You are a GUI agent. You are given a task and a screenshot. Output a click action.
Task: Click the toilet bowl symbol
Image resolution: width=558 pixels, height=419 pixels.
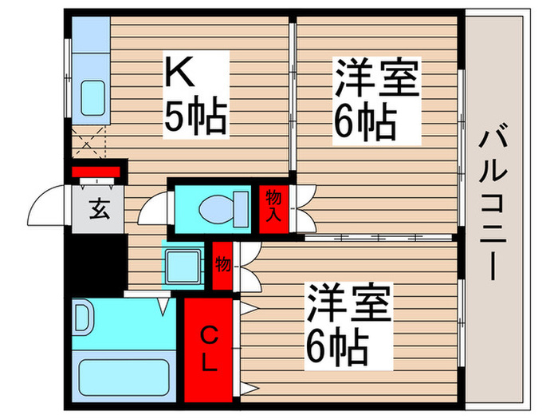[220, 209]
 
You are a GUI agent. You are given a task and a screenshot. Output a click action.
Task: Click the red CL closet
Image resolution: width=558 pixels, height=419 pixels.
[208, 349]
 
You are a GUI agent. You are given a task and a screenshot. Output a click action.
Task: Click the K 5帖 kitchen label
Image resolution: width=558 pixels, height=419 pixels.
[195, 93]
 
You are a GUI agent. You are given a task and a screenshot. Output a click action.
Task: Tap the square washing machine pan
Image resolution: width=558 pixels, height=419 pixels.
[183, 264]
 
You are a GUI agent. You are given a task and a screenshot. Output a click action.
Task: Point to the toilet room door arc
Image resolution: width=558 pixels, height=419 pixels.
[151, 215]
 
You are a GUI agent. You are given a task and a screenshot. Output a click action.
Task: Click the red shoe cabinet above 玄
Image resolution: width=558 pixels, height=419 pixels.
[95, 171]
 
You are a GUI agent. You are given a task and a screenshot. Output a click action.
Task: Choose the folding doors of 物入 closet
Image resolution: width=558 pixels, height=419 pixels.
[304, 208]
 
